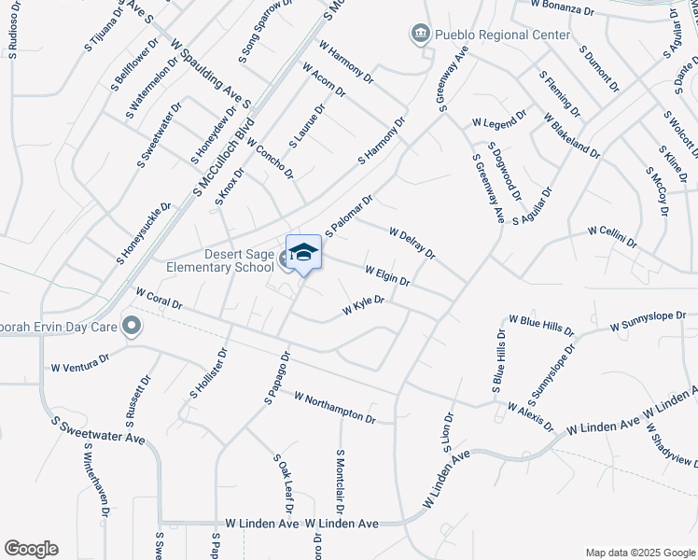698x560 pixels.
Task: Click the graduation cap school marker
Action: [303, 253]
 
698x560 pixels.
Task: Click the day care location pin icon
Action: [132, 327]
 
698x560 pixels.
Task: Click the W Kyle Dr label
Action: [364, 306]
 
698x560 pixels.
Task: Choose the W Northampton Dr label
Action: [334, 408]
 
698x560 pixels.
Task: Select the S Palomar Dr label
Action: [349, 215]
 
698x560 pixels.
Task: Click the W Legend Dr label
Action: [499, 122]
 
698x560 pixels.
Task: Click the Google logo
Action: [31, 549]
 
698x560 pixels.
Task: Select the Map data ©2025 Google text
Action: [639, 552]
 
